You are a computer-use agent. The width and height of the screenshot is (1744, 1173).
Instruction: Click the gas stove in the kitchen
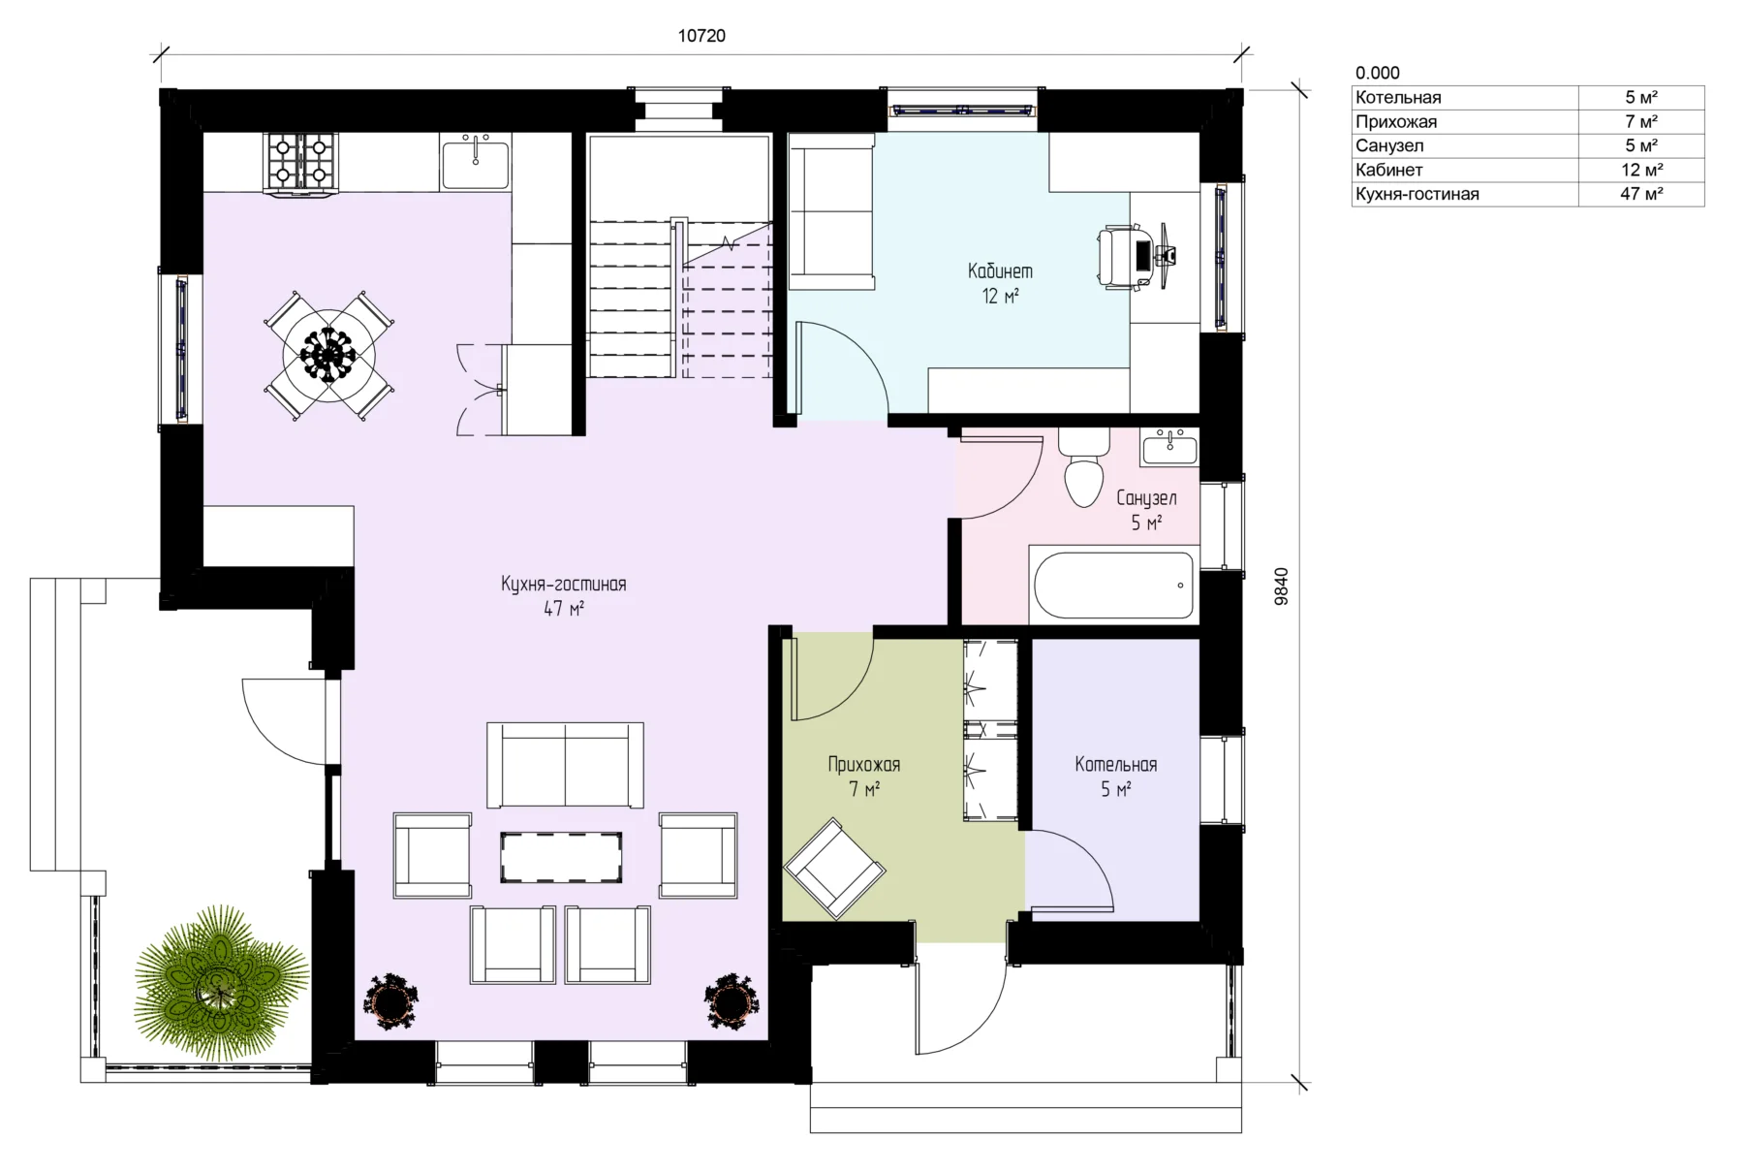[x=300, y=163]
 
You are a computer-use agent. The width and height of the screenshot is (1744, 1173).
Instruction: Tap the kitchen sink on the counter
[x=476, y=162]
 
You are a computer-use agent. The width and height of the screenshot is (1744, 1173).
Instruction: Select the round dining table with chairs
[x=328, y=356]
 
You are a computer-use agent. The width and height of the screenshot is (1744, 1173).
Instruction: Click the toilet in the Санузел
[x=1083, y=467]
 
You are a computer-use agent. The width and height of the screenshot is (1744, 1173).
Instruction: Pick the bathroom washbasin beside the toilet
[x=1169, y=447]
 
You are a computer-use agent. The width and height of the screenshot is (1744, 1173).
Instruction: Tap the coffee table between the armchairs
[x=561, y=857]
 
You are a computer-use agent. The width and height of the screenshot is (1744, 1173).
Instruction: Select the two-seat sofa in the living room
[x=565, y=765]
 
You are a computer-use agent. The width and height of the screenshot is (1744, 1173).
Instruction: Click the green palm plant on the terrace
[x=221, y=982]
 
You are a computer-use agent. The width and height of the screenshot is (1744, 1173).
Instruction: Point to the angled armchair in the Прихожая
[x=834, y=868]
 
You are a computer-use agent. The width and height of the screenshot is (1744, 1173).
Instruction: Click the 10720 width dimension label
[x=701, y=36]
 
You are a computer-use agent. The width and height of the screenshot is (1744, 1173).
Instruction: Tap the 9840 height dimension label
[x=1282, y=586]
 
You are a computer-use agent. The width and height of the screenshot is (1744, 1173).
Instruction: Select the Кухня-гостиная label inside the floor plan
[x=563, y=584]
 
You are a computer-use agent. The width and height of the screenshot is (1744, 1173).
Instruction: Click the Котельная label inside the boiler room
[x=1115, y=764]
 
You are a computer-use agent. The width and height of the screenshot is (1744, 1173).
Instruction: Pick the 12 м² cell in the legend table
[x=1641, y=170]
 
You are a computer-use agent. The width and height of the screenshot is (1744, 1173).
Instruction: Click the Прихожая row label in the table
[x=1396, y=121]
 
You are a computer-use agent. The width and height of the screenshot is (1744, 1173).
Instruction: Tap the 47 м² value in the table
[x=1641, y=194]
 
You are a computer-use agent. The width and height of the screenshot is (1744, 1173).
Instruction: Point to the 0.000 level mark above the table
[x=1377, y=73]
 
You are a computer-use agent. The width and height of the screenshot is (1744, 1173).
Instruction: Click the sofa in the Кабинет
[x=831, y=212]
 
